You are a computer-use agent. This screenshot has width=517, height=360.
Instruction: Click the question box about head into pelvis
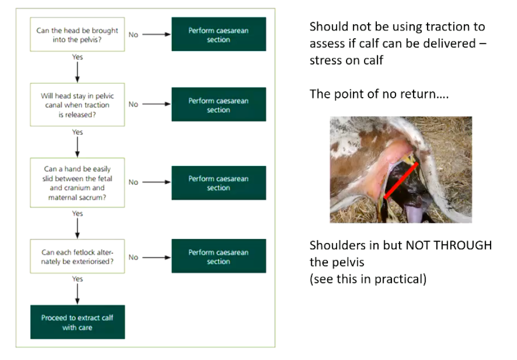point(77,35)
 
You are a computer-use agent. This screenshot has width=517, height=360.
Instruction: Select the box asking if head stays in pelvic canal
point(77,106)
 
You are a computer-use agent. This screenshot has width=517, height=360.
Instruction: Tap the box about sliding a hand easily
point(77,183)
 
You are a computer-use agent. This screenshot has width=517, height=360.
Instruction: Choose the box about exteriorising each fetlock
point(77,257)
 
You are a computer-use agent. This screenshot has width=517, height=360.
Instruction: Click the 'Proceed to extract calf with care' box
point(78,322)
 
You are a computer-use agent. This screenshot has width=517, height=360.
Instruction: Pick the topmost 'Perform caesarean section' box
point(218,35)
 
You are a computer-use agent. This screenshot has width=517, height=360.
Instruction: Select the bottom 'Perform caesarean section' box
point(218,257)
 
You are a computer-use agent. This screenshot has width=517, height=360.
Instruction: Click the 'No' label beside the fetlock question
point(133,257)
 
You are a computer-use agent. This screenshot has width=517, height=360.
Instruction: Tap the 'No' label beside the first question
point(133,35)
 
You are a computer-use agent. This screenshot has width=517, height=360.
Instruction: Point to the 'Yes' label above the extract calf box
point(78,279)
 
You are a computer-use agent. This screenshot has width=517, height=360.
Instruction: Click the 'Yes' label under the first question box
point(78,57)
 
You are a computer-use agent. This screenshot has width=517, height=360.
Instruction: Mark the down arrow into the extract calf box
point(78,294)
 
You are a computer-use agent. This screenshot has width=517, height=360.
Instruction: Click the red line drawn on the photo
point(401,181)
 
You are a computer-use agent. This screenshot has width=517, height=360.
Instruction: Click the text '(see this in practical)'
point(368,279)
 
